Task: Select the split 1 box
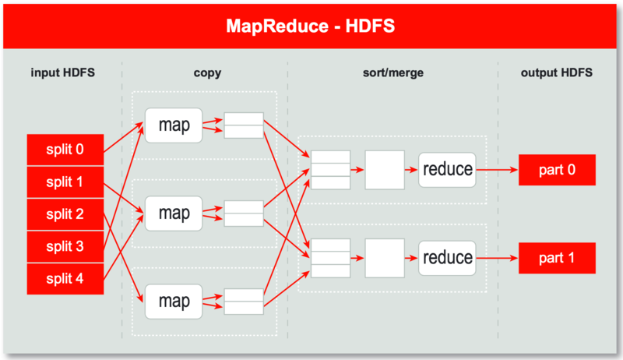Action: click(x=65, y=182)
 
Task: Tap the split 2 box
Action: click(x=65, y=214)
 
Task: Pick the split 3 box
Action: click(x=65, y=246)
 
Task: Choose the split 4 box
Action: click(x=65, y=279)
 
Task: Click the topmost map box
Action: click(x=174, y=125)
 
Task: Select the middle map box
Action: click(x=174, y=213)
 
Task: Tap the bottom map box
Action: click(x=174, y=301)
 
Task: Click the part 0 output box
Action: click(x=558, y=169)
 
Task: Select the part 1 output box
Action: click(x=558, y=257)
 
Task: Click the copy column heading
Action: click(x=206, y=73)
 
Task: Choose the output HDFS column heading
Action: click(x=557, y=73)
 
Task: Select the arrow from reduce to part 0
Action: click(x=497, y=169)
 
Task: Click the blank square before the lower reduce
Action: click(x=385, y=258)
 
